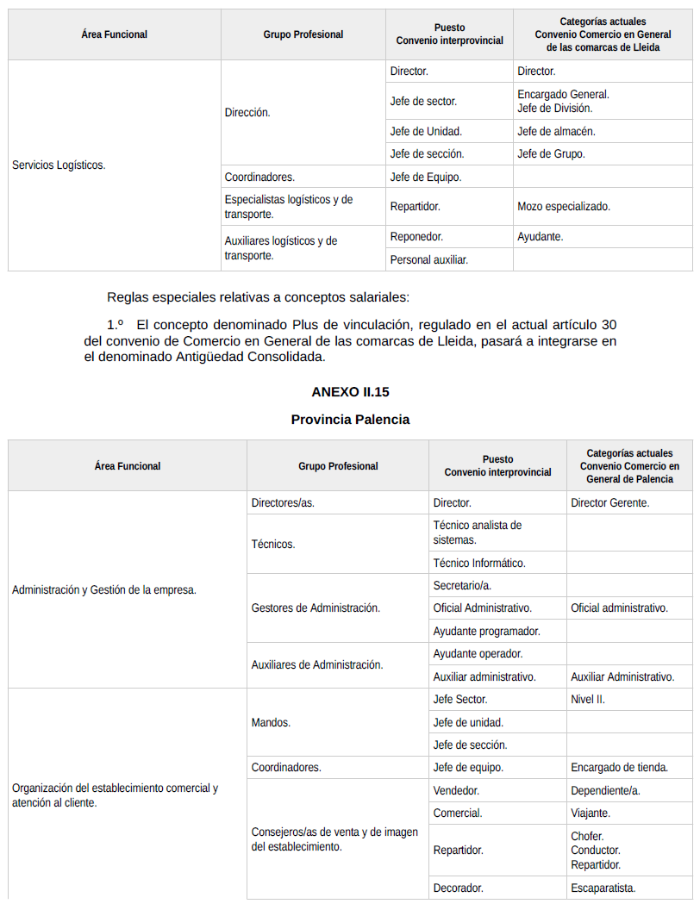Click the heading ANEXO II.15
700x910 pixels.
[350, 392]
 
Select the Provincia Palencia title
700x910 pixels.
[350, 420]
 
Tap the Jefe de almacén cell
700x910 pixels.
[556, 132]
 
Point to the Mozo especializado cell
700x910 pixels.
[564, 207]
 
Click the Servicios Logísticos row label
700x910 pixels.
[59, 165]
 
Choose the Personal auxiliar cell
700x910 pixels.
[429, 259]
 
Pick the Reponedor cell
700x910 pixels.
[416, 236]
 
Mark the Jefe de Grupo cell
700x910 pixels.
[551, 154]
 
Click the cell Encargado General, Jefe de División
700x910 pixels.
[563, 102]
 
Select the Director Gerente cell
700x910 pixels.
[610, 502]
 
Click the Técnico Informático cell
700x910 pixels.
[479, 563]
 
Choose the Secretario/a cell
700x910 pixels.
[462, 585]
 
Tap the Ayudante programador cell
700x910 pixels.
[486, 631]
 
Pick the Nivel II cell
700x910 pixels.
[588, 700]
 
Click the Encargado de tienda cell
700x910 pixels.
[619, 767]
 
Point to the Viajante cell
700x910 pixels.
[591, 813]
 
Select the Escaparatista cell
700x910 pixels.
[603, 888]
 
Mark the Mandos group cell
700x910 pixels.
[271, 722]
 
